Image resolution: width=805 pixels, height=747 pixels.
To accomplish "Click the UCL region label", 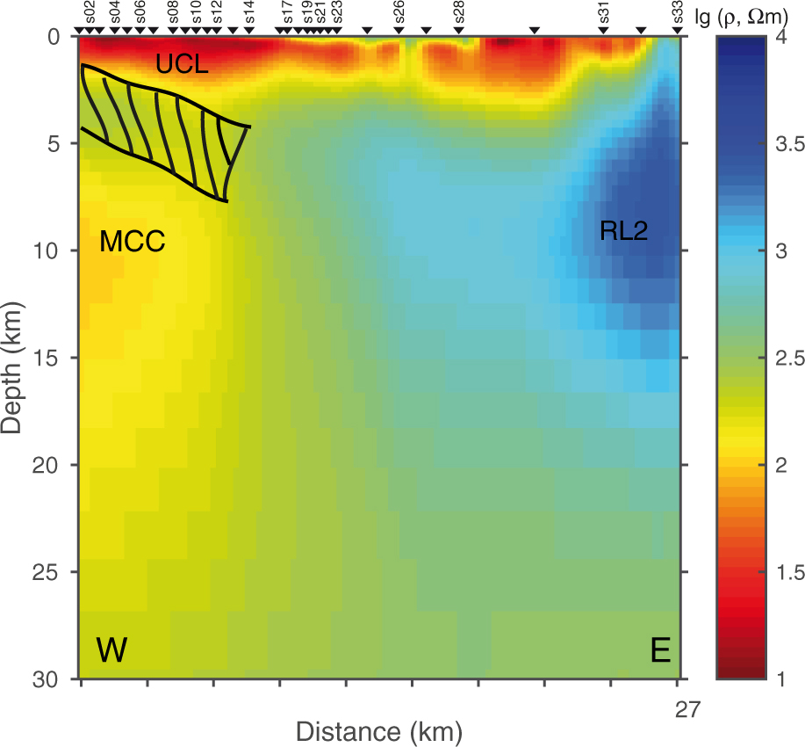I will [x=182, y=63].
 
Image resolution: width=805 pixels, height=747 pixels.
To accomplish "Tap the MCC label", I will [x=133, y=242].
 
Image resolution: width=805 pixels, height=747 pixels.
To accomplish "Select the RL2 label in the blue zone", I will [x=623, y=231].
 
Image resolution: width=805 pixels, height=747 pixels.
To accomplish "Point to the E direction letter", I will [x=660, y=651].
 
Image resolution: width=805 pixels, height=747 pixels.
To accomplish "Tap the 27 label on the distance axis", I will [x=687, y=707].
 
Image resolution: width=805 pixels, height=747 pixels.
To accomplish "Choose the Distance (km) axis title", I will [x=379, y=731].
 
